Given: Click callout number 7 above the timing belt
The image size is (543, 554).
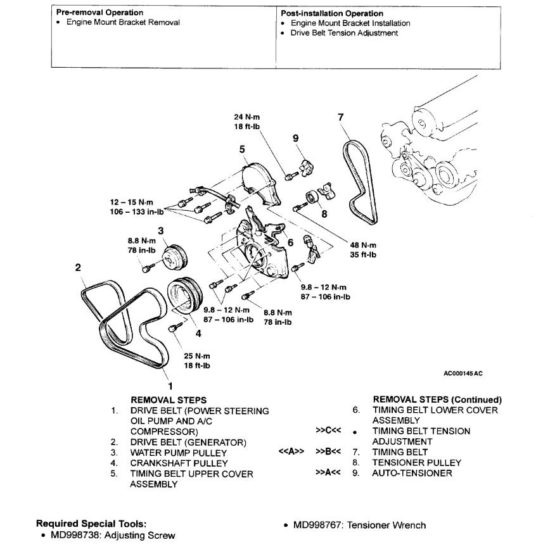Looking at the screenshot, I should (341, 117).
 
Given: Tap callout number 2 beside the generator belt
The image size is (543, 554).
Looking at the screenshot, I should (78, 267).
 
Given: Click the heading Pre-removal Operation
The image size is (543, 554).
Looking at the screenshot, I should (99, 13).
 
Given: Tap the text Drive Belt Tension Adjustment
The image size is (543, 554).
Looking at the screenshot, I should (344, 33).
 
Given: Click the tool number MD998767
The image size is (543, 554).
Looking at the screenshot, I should (317, 525).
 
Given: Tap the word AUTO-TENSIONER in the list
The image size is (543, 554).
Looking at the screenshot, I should (412, 473).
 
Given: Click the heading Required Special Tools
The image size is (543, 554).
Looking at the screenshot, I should (91, 524).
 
